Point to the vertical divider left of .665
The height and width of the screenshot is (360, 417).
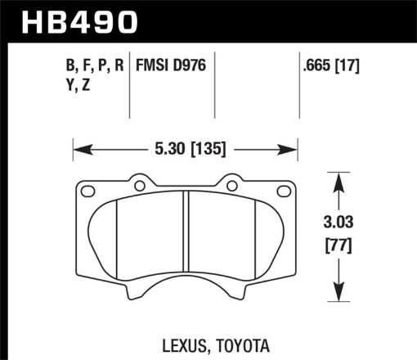click(298, 82)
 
